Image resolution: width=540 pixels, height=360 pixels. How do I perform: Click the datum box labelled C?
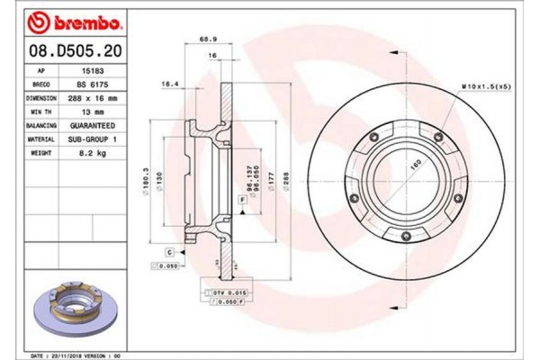tap(168, 252)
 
